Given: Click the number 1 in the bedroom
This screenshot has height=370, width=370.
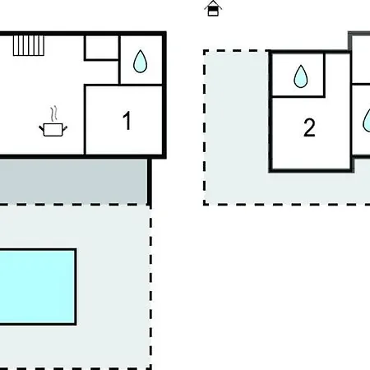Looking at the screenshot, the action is click(x=127, y=120).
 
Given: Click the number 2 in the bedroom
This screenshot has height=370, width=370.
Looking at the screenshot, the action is click(x=309, y=127).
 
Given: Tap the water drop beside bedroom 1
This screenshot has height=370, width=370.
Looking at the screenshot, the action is click(x=140, y=62).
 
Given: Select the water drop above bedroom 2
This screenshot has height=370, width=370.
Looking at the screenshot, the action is click(x=301, y=76).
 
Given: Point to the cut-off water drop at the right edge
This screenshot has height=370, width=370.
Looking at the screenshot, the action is click(x=367, y=121).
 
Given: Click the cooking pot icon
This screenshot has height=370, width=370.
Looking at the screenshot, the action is click(x=53, y=130).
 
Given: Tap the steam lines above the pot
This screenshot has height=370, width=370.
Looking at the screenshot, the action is click(x=54, y=113).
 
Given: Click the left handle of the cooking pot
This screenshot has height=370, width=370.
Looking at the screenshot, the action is click(x=42, y=128).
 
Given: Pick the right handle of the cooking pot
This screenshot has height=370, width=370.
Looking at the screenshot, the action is click(x=65, y=128).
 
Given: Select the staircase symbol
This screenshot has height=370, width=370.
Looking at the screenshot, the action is click(x=29, y=45).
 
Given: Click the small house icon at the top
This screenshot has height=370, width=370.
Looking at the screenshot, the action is click(x=213, y=8).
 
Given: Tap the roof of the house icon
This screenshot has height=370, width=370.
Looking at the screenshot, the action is click(x=213, y=5).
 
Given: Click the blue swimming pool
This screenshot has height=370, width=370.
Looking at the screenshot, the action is click(x=38, y=287).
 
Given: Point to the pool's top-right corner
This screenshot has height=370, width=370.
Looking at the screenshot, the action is click(x=76, y=249).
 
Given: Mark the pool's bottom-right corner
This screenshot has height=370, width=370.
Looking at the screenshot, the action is click(x=76, y=325).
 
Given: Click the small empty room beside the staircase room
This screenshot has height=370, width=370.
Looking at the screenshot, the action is click(x=102, y=48).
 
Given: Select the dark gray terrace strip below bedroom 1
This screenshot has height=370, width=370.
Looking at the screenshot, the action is click(x=73, y=182).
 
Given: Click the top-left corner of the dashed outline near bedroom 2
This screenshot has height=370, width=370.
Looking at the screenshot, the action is click(x=204, y=51).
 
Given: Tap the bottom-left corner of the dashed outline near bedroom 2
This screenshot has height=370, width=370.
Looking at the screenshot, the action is click(x=204, y=204).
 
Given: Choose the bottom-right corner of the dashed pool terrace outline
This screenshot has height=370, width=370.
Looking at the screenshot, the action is click(x=150, y=368).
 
